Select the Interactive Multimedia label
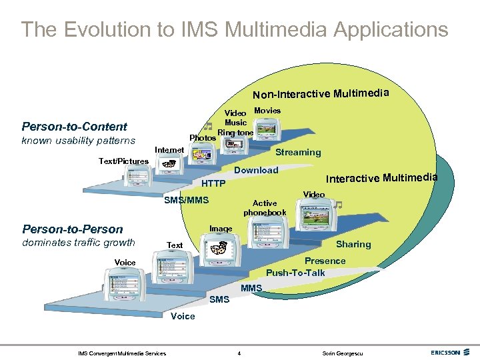pos(381,177)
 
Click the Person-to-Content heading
pos(74,127)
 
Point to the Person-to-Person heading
pos(73,229)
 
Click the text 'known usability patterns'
pos(78,141)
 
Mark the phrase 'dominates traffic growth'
pos(78,243)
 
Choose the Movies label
pos(267,110)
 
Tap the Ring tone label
pos(235,133)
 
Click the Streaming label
pos(298,152)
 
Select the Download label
pos(256,170)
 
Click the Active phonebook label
pos(265,208)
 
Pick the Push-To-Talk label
pos(295,272)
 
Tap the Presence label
pos(325,261)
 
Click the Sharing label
pos(353,244)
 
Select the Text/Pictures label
pos(123,161)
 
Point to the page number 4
pos(239,353)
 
